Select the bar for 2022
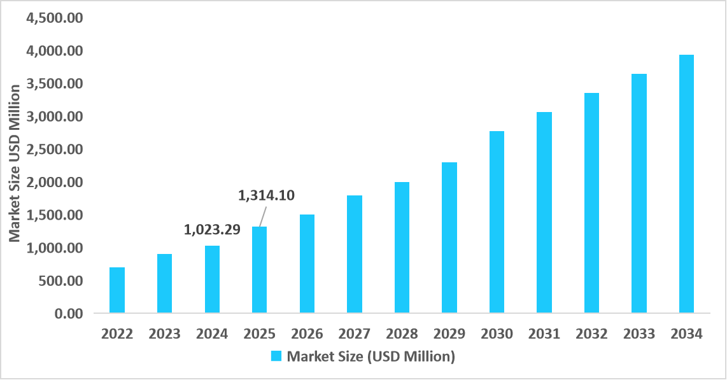pos(117,290)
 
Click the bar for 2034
pos(686,184)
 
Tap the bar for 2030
pos(497,222)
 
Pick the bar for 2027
pos(355,254)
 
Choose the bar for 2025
pos(260,270)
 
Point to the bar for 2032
pos(591,203)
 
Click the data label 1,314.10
pos(266,195)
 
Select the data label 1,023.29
pos(212,230)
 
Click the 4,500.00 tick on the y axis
pos(54,18)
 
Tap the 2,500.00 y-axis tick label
pos(54,150)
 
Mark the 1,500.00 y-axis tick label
pos(54,215)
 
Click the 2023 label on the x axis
pos(164,334)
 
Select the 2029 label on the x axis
pos(449,334)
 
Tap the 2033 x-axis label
pos(639,334)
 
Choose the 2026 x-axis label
pos(307,334)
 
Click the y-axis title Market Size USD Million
pos(14,163)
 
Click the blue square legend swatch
pos(276,356)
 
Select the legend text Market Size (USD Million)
pos(371,356)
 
